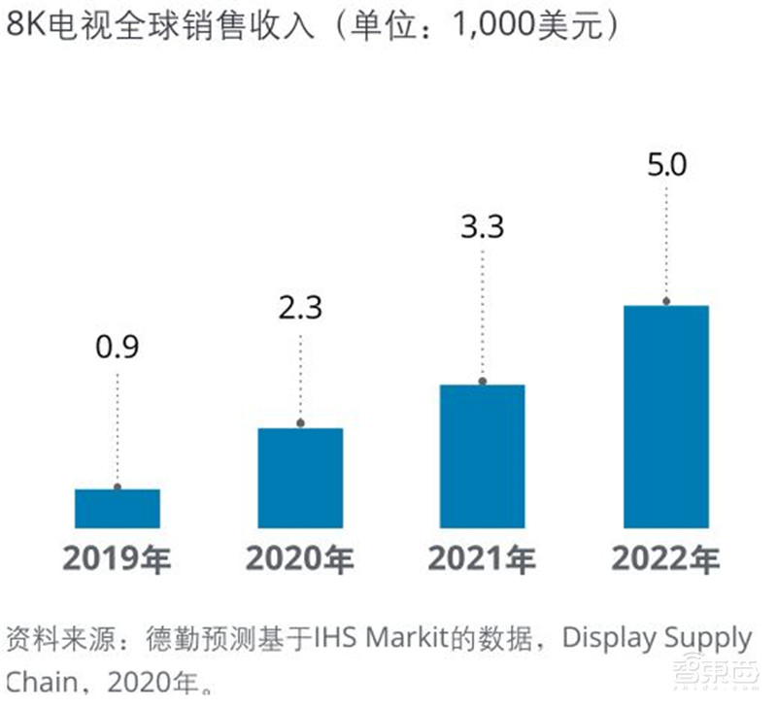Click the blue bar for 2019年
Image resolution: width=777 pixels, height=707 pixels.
tap(118, 508)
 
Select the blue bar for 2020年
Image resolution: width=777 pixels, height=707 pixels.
tap(300, 477)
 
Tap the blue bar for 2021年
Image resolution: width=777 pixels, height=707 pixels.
tap(482, 455)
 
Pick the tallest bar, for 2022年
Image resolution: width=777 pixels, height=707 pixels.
tap(665, 417)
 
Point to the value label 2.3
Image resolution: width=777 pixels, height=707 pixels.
tap(300, 308)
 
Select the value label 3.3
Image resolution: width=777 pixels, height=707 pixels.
tap(482, 231)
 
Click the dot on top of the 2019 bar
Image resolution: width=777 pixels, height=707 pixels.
tap(118, 487)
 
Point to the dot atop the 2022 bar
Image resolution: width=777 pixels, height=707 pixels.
tap(665, 302)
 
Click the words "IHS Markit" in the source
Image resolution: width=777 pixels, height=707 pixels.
tap(379, 639)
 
